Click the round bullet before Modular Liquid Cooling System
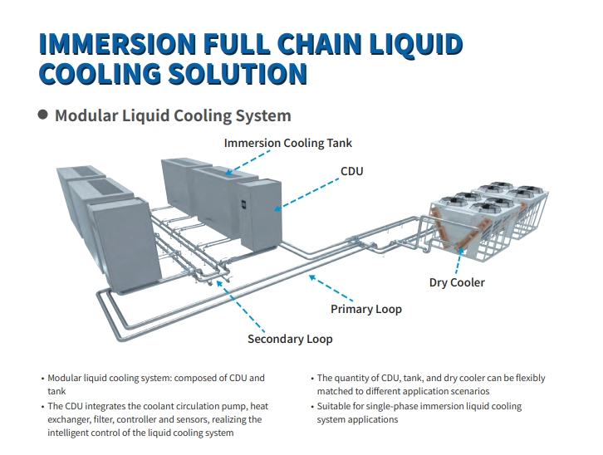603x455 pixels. coord(43,115)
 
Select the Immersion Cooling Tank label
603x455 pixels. coord(287,143)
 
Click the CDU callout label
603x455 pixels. coord(352,171)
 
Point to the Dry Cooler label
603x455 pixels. coord(457,282)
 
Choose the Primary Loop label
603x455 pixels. coord(366,309)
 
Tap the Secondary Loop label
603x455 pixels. coord(290,339)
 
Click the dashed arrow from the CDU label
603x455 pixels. coord(306,194)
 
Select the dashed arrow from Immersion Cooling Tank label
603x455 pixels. coord(248,163)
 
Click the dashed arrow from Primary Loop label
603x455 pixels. coord(331,288)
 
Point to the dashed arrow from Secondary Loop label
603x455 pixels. coord(240,306)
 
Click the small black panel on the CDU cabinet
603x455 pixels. coord(243,204)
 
